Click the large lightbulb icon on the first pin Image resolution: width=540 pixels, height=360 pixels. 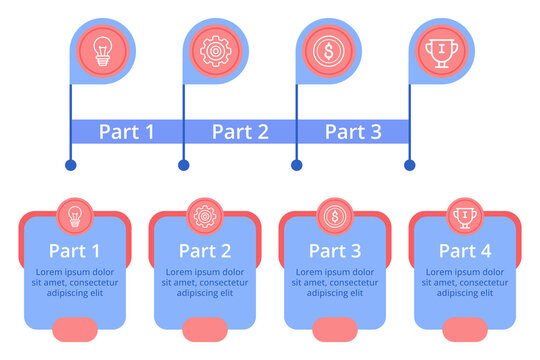102,50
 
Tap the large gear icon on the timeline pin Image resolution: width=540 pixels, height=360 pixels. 214,50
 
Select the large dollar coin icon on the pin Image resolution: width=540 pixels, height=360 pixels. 327,50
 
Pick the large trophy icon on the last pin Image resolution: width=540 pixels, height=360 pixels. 440,50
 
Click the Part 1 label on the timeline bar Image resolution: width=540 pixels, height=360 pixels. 126,131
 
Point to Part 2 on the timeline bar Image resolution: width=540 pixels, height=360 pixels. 240,131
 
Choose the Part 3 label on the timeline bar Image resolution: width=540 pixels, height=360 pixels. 353,131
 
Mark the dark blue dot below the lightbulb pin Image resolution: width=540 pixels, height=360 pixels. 70,165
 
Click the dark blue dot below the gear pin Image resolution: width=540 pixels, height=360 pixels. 183,165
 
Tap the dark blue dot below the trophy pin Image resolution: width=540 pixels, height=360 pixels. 409,165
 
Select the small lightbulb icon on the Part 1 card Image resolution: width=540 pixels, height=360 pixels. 74,215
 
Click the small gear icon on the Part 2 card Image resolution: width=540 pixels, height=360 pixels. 204,215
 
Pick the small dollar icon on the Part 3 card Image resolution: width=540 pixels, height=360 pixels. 333,215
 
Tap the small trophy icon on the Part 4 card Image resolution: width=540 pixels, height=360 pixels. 464,215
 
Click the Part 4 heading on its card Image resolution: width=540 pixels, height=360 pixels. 465,251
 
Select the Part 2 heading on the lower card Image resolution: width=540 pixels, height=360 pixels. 205,251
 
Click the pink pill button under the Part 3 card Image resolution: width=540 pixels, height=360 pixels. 334,328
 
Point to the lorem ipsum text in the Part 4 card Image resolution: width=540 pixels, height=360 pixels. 465,282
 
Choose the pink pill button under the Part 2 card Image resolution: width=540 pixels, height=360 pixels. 204,328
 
